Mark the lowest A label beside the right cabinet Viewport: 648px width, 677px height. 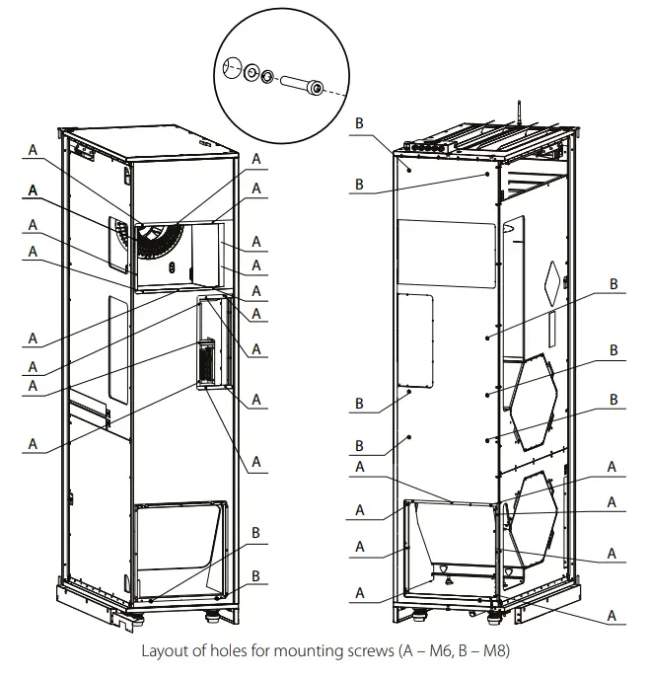click(611, 615)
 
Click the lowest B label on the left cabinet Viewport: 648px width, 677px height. click(255, 575)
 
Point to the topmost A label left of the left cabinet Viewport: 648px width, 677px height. click(33, 150)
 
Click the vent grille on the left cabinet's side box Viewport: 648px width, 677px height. click(207, 361)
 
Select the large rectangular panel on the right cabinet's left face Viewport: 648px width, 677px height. click(443, 254)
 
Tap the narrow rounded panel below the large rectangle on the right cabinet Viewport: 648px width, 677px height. click(416, 338)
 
